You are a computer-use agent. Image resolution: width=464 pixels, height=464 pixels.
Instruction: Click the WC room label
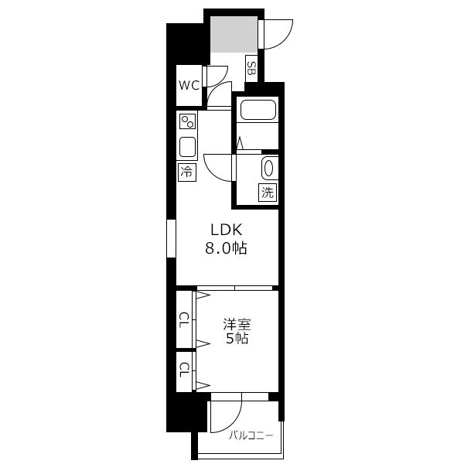coord(189,86)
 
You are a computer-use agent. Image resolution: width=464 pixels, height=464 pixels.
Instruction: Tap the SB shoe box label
coord(251,68)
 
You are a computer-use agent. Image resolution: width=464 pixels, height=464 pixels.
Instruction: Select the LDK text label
coord(227,230)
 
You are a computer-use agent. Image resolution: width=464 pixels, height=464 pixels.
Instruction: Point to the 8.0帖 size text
coord(227,248)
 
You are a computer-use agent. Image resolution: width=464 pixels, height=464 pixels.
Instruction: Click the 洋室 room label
coord(237,324)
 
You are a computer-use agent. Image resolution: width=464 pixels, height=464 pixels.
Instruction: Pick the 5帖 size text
coord(237,338)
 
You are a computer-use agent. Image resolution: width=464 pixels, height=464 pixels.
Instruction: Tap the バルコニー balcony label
coord(251,435)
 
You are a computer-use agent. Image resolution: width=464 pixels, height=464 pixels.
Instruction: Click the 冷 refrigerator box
coord(187,172)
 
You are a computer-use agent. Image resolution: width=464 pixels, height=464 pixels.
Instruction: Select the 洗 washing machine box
coord(268,193)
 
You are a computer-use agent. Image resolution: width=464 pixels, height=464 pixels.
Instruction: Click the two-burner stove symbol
coord(187,121)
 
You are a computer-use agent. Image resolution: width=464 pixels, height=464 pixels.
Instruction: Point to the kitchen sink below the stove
coord(187,147)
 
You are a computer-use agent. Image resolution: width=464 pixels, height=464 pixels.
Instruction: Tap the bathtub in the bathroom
coord(258,110)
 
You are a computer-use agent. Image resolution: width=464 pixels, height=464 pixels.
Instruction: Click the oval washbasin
coord(268,169)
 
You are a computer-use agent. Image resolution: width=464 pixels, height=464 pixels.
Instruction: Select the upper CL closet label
coord(184,320)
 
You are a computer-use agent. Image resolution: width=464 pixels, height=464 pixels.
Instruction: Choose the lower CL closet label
coord(184,370)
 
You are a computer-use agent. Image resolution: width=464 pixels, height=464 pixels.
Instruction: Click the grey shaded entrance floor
coord(234,34)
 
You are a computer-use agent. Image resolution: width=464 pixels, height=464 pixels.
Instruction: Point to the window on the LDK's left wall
coord(172,238)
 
